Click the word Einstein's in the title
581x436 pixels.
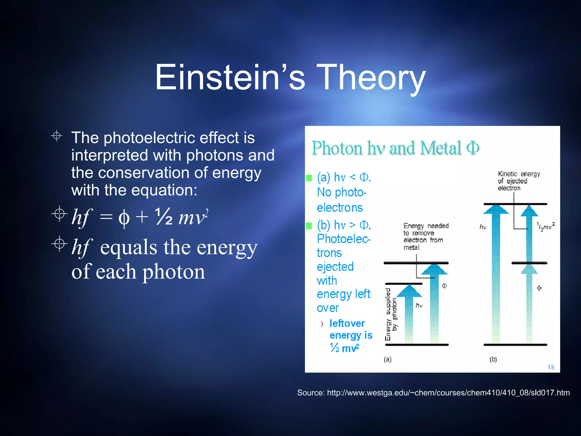click(x=230, y=77)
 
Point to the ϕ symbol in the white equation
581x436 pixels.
click(x=124, y=218)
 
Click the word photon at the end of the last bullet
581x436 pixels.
click(x=173, y=272)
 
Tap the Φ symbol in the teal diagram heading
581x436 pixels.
click(x=473, y=148)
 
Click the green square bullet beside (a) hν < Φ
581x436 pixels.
click(x=309, y=178)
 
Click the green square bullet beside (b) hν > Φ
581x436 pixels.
click(x=309, y=226)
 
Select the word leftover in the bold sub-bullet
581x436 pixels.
click(x=347, y=323)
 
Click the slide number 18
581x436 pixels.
click(x=551, y=367)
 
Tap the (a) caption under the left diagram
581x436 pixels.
click(x=388, y=359)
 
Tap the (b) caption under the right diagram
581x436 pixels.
click(x=493, y=359)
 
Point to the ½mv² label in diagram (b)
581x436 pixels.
click(x=545, y=226)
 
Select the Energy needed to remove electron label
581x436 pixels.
click(x=425, y=236)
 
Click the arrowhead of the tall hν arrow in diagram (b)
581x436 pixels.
click(x=496, y=209)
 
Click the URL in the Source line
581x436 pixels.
click(x=448, y=393)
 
